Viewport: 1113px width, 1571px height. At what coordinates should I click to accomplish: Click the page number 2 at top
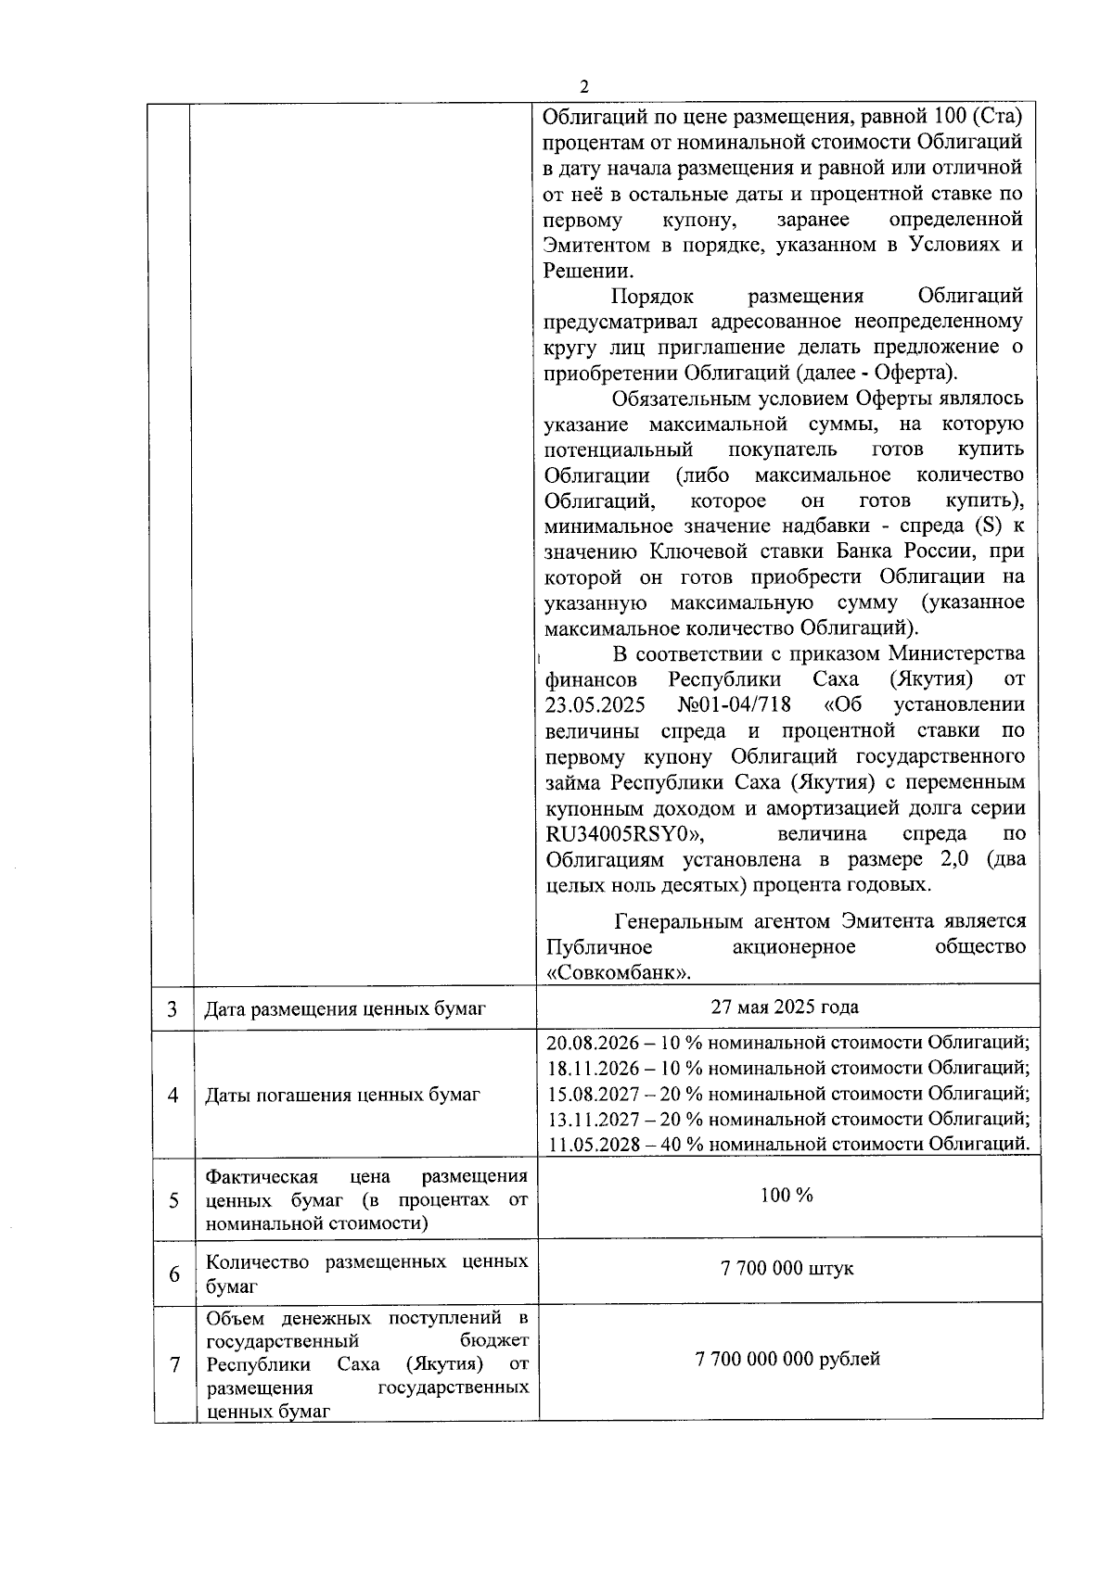583,87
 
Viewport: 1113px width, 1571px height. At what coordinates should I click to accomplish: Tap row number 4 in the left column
173,1095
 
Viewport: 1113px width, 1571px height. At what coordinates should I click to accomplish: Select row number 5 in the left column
173,1200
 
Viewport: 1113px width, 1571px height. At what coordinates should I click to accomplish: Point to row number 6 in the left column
173,1274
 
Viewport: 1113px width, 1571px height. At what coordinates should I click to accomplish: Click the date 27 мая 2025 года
785,1007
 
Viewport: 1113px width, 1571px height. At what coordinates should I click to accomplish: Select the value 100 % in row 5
787,1195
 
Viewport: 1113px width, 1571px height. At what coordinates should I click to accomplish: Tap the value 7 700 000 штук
787,1268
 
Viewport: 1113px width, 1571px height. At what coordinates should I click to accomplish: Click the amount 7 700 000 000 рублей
787,1359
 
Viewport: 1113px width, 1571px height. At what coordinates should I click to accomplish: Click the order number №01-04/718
734,704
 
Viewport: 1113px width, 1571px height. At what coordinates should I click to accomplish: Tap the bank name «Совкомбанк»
620,972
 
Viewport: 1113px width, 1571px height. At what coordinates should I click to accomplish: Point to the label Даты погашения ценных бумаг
342,1095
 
